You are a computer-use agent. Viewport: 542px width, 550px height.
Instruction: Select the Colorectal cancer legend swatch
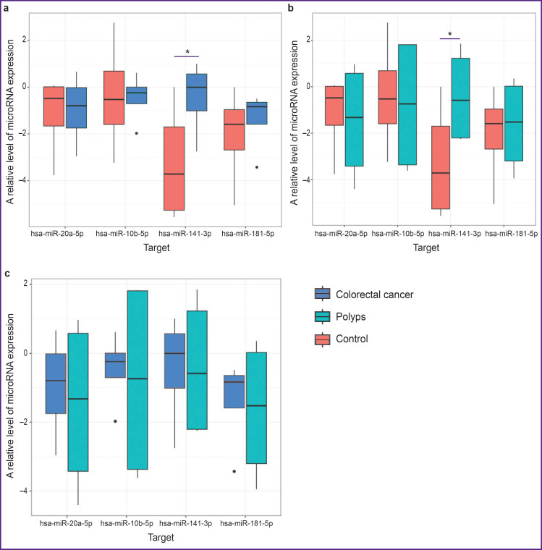(x=323, y=294)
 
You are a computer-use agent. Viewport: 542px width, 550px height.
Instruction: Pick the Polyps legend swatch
(x=323, y=316)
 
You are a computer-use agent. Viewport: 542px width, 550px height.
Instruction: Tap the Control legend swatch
(x=323, y=339)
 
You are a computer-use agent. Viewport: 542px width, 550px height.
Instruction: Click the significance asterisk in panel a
(x=187, y=52)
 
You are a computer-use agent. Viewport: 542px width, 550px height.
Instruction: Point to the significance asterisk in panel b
(x=450, y=35)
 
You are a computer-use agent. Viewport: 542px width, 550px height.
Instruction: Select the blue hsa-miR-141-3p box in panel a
(x=197, y=92)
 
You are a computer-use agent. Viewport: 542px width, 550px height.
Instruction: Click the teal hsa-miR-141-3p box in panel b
(x=460, y=98)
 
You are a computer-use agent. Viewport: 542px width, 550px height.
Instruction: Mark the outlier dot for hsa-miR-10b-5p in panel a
(x=137, y=133)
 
